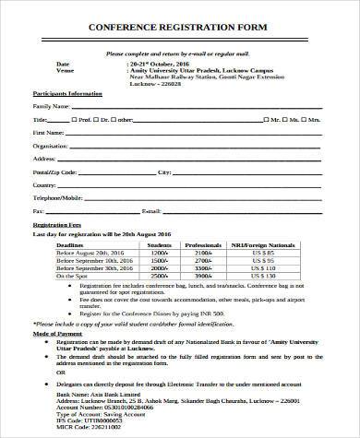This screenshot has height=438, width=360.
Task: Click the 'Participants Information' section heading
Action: [x=66, y=95]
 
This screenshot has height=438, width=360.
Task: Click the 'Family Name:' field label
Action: [x=52, y=107]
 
